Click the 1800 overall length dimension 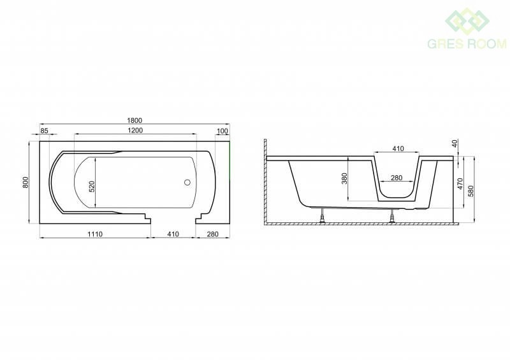coord(135,120)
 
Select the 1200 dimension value coord(135,131)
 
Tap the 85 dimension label coord(44,131)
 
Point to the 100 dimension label coord(222,131)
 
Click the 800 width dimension coord(25,182)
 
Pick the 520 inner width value coord(92,186)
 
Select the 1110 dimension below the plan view coord(95,234)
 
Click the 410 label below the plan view coord(173,234)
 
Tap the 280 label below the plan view coord(213,234)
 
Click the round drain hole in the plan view coord(187,182)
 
